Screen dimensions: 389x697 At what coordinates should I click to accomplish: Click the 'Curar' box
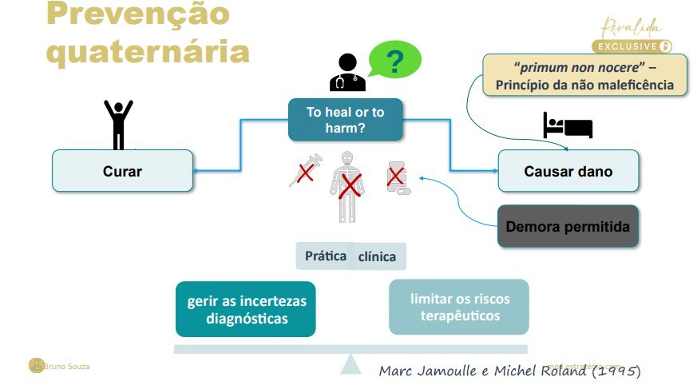pos(122,171)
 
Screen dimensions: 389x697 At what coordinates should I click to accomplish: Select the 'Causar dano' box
pos(568,171)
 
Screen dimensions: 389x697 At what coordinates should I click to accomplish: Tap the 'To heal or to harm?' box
pos(345,120)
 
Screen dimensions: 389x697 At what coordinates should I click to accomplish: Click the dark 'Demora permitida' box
pos(568,226)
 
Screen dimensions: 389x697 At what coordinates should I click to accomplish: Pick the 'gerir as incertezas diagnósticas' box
pos(246,309)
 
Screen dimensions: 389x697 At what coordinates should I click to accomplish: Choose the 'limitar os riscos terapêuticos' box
pos(458,307)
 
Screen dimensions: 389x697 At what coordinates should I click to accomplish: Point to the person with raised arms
pos(119,124)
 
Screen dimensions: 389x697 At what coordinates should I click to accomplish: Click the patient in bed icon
pos(568,126)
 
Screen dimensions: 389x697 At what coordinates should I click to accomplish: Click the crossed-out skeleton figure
pos(347,186)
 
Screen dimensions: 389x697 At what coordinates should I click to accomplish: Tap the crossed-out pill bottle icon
pos(397,178)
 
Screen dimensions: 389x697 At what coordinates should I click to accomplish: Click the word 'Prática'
pos(326,256)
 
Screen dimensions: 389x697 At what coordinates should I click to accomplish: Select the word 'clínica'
pos(377,257)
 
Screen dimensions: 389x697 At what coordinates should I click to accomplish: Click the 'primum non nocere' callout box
pos(585,75)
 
